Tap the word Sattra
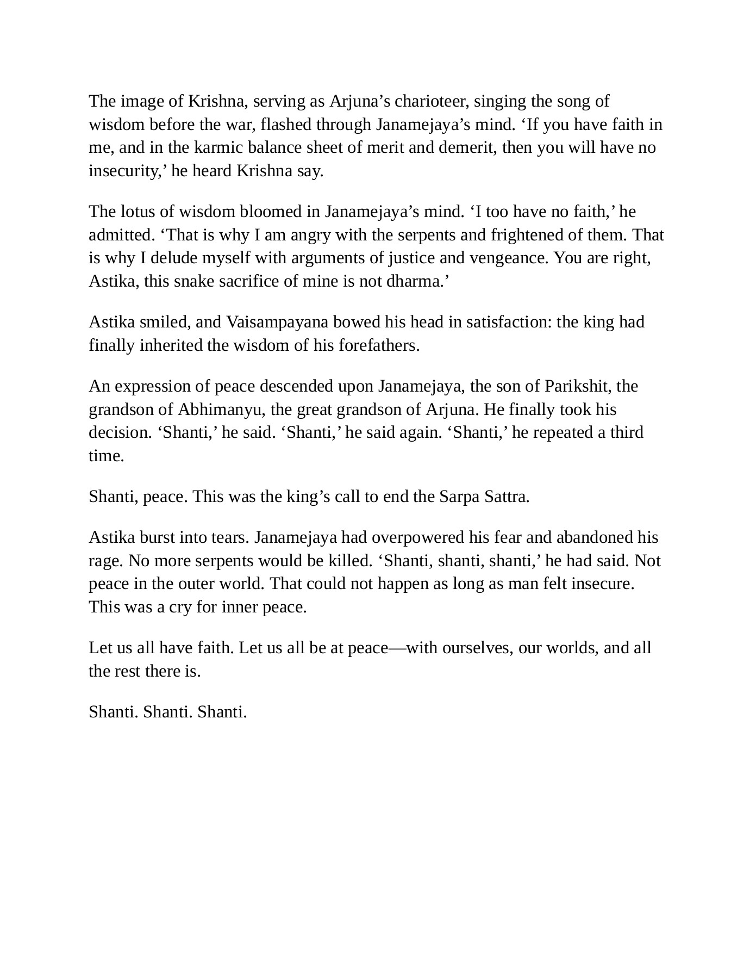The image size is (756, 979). pyautogui.click(x=506, y=497)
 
